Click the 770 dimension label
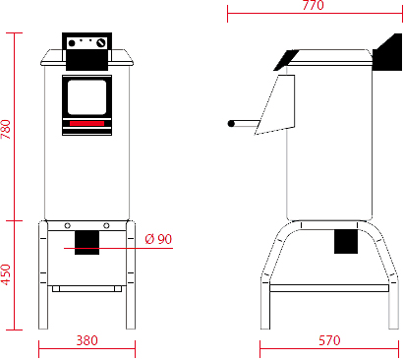(313, 5)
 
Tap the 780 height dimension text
(6, 129)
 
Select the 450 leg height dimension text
(6, 274)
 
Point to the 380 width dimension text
(87, 340)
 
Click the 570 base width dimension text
(329, 340)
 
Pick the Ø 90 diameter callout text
(158, 239)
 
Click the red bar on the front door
(87, 123)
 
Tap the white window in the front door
(87, 97)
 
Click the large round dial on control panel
(101, 43)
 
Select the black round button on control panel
(72, 43)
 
